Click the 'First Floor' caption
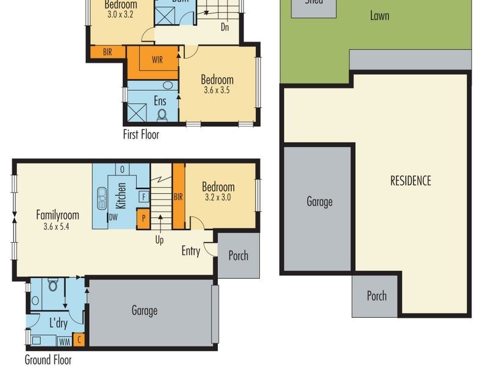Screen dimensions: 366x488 (x=141, y=134)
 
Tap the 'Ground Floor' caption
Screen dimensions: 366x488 (x=48, y=359)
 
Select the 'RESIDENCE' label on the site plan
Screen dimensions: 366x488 (x=411, y=181)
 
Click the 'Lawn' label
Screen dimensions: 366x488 (x=379, y=16)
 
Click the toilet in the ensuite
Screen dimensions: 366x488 (x=162, y=114)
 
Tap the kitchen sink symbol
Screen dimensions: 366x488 (x=101, y=198)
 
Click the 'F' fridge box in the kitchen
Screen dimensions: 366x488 (x=144, y=196)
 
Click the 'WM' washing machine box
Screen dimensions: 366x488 (x=64, y=340)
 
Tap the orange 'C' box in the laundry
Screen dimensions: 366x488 (x=78, y=340)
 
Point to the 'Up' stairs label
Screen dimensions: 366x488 (x=159, y=240)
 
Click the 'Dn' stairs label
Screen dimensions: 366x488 (x=224, y=27)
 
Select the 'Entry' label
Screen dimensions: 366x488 (x=190, y=251)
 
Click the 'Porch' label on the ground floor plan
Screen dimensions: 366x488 (x=238, y=256)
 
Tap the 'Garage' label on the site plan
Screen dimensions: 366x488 (x=319, y=201)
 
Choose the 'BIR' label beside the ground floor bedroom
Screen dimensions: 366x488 (x=178, y=196)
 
